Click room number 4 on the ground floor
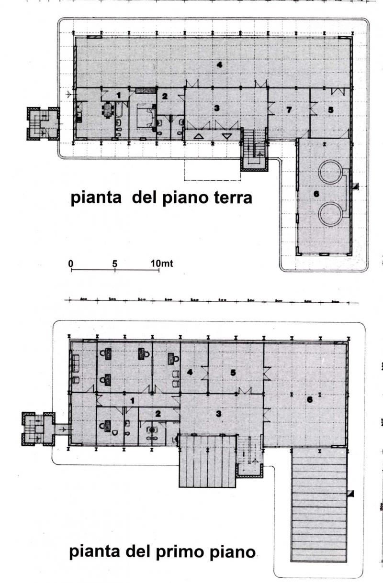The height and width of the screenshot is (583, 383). tap(219, 65)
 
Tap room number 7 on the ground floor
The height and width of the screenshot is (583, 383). tap(289, 110)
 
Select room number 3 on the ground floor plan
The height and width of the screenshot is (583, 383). tap(217, 109)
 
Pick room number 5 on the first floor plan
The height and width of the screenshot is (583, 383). tap(233, 372)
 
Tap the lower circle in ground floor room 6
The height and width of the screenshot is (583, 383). tap(331, 213)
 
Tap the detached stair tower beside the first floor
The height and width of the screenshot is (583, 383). tap(38, 429)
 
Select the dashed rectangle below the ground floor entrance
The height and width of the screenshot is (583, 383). tap(213, 170)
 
